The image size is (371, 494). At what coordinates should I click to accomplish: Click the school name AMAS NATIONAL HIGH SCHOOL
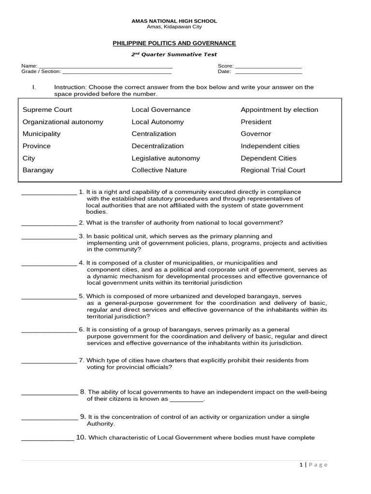pyautogui.click(x=174, y=21)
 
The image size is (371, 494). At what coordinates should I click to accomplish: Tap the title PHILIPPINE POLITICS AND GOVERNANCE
pyautogui.click(x=174, y=43)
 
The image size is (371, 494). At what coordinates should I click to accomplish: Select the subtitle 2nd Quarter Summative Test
pyautogui.click(x=174, y=55)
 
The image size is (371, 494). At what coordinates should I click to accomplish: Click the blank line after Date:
pyautogui.click(x=268, y=72)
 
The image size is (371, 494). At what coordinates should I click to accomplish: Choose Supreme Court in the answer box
pyautogui.click(x=47, y=110)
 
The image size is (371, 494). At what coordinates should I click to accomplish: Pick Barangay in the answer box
pyautogui.click(x=38, y=170)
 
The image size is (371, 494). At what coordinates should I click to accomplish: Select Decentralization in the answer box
pyautogui.click(x=157, y=146)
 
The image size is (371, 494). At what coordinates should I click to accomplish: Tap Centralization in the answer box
pyautogui.click(x=154, y=134)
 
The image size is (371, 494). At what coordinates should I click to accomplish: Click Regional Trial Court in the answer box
pyautogui.click(x=273, y=170)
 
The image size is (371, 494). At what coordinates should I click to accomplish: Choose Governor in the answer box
pyautogui.click(x=256, y=134)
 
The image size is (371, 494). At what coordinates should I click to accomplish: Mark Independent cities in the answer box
pyautogui.click(x=270, y=146)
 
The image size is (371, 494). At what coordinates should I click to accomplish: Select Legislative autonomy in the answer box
pyautogui.click(x=166, y=158)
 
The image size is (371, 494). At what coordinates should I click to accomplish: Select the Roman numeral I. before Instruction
pyautogui.click(x=34, y=87)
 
